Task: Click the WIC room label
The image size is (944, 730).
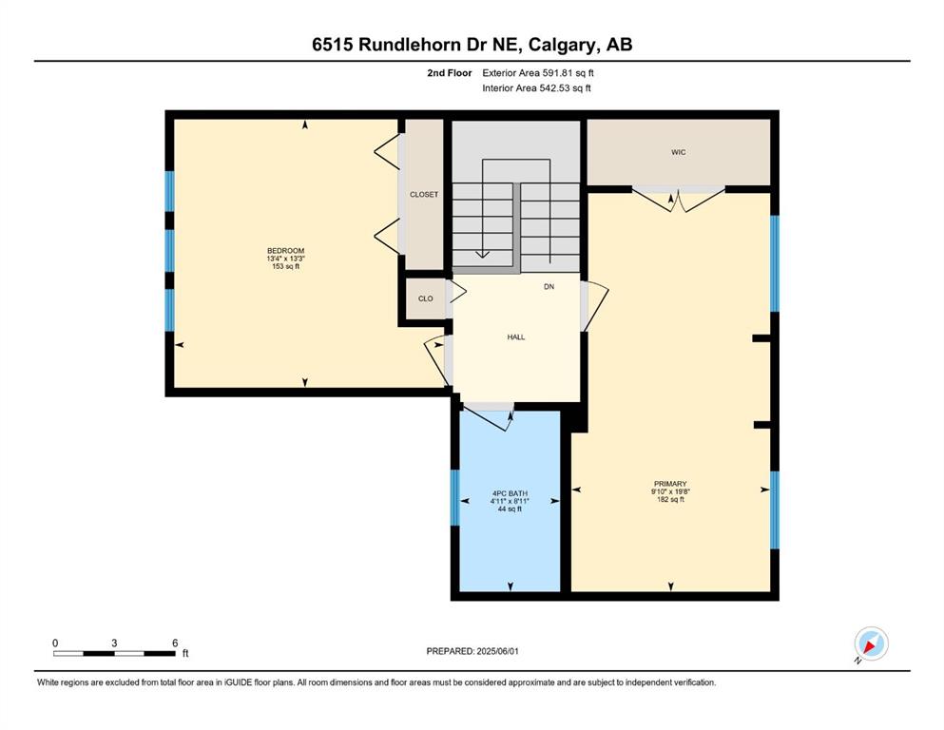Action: (x=679, y=152)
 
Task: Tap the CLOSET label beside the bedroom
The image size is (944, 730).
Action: (x=424, y=195)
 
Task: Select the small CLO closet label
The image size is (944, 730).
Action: (x=426, y=298)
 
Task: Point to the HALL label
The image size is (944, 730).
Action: (x=516, y=337)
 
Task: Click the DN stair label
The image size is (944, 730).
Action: (x=549, y=287)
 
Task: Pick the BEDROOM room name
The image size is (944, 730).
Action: (x=286, y=251)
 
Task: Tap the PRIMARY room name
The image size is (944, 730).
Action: (x=670, y=484)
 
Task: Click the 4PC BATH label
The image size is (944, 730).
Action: (x=510, y=493)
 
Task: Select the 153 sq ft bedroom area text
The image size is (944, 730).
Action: (x=286, y=266)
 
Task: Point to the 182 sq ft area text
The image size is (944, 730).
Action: (x=670, y=499)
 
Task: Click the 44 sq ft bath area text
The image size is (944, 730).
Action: (x=510, y=509)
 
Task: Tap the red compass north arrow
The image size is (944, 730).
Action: (x=869, y=646)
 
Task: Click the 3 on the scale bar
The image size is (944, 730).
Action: (x=114, y=643)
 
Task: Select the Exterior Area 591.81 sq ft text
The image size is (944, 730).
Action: (x=538, y=73)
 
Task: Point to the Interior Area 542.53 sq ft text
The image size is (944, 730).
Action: (x=536, y=87)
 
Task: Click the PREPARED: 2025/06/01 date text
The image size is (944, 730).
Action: (x=472, y=651)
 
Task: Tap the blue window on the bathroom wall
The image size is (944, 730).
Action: (x=455, y=498)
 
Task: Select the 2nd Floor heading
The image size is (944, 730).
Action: (x=450, y=73)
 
